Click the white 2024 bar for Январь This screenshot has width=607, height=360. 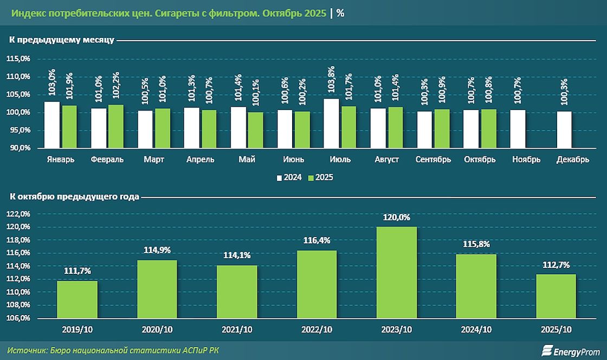point(52,125)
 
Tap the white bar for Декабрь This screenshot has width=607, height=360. point(564,130)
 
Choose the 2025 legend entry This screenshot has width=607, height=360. point(320,177)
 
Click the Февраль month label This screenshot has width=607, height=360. point(107,159)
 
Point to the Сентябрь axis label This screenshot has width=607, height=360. point(434,159)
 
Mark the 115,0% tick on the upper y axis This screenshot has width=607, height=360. point(19,59)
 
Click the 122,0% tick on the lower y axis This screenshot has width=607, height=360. point(19,214)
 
